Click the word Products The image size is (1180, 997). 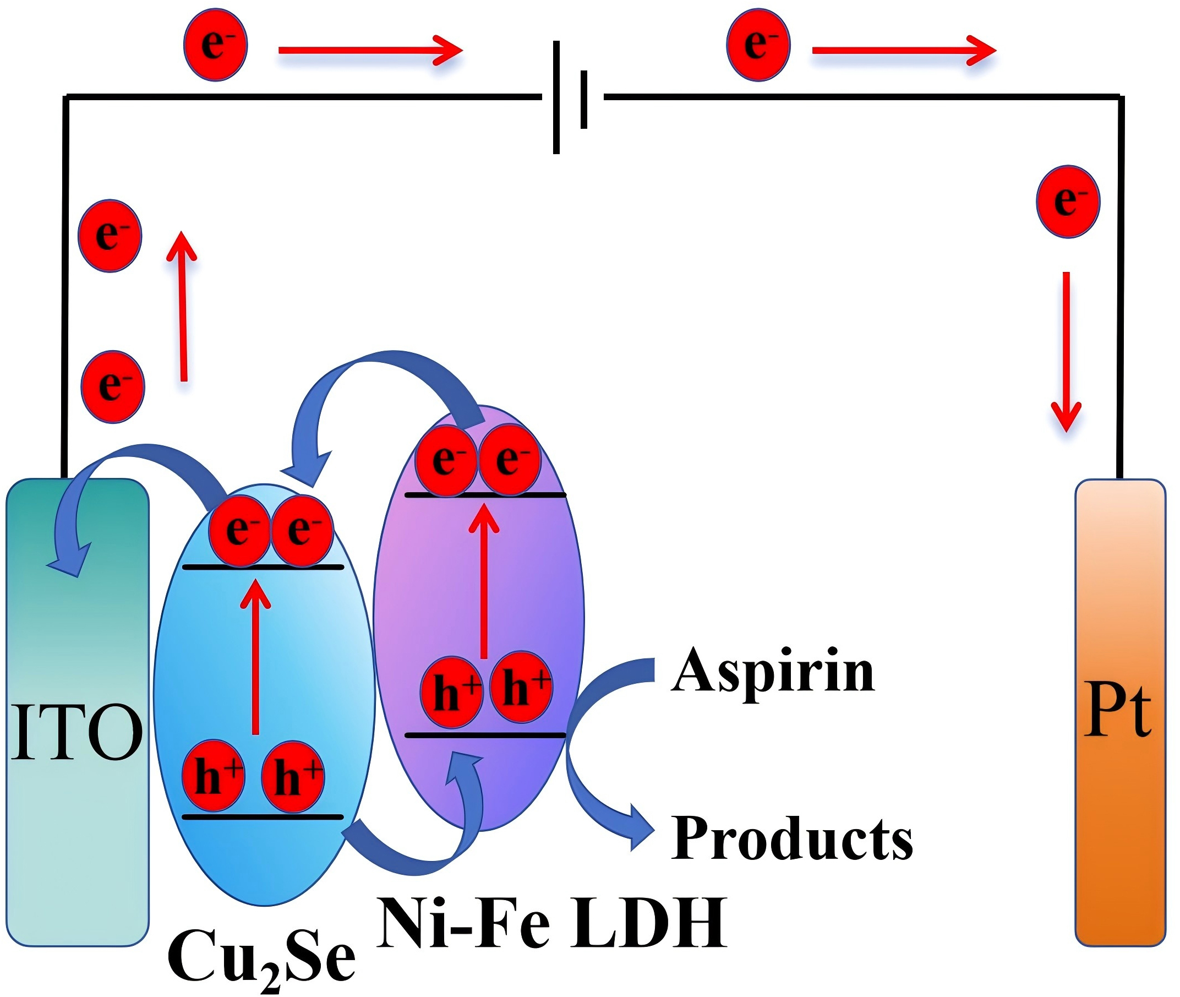(x=791, y=839)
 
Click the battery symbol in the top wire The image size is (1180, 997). (x=570, y=97)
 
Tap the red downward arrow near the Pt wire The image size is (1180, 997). (x=1066, y=351)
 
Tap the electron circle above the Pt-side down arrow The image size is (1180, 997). (x=1068, y=201)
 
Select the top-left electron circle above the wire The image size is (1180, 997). (x=215, y=45)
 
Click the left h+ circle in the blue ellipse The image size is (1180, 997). (x=214, y=776)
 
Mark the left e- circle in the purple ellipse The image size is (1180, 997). (x=446, y=461)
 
